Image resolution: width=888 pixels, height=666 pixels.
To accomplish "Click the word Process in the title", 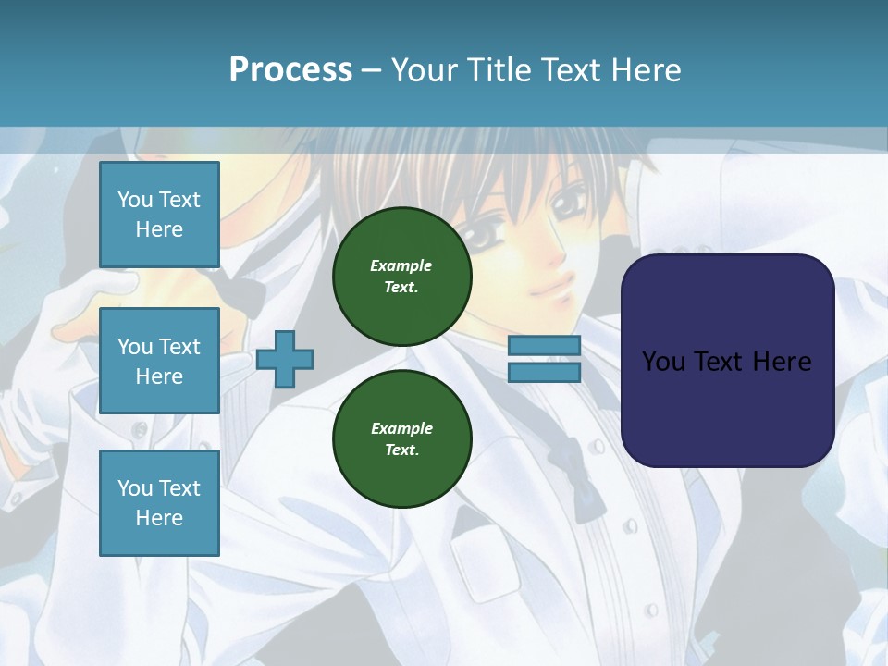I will click(x=290, y=69).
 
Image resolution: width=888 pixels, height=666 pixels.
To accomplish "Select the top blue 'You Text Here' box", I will click(x=159, y=215).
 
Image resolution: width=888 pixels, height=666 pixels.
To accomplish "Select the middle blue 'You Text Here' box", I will click(x=159, y=361).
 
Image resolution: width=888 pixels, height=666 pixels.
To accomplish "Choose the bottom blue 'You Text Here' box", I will click(x=159, y=502).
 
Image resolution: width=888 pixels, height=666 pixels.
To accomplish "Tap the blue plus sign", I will click(x=285, y=358).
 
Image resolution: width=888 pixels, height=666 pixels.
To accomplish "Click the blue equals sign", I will click(x=544, y=359).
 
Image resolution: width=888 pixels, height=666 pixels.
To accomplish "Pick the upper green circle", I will click(x=401, y=276).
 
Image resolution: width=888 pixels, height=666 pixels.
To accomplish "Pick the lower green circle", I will click(x=401, y=438).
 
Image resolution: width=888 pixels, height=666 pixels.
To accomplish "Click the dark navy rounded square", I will click(x=727, y=360).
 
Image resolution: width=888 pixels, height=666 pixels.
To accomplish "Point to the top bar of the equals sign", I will click(x=544, y=346).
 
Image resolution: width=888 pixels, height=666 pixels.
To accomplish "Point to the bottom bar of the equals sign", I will click(x=544, y=372).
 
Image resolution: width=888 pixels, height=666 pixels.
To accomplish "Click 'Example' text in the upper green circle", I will click(x=401, y=265).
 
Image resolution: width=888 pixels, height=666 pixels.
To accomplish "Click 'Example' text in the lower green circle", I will click(x=401, y=428).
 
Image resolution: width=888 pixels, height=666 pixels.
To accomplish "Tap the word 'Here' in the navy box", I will click(x=782, y=361).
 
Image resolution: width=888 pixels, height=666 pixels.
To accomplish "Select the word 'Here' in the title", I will click(x=647, y=69).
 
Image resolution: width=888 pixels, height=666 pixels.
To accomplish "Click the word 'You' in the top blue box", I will click(x=135, y=200).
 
